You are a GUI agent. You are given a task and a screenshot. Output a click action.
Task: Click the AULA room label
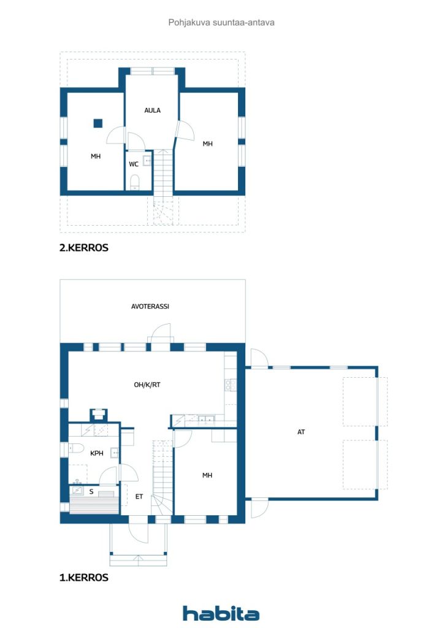(152, 110)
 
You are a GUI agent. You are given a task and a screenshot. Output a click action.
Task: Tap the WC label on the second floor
(133, 164)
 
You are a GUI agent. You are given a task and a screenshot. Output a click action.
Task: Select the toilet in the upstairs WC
(134, 182)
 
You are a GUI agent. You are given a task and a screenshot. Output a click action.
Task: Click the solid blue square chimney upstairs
(98, 123)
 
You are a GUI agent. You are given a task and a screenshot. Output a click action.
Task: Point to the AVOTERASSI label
(150, 307)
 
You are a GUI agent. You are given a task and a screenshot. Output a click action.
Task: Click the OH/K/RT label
(147, 385)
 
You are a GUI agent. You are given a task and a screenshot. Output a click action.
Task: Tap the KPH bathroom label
(96, 453)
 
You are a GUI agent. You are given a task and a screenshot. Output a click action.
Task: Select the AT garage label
(301, 432)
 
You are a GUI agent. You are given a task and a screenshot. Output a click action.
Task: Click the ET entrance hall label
(139, 497)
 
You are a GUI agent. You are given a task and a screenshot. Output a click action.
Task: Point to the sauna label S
(91, 491)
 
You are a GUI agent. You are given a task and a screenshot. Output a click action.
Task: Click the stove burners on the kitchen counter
(231, 385)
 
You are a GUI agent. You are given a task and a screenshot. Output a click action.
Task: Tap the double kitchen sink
(206, 420)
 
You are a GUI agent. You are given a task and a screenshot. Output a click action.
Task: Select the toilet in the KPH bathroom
(75, 448)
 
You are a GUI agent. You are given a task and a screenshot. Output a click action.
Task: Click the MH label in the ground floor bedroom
(207, 475)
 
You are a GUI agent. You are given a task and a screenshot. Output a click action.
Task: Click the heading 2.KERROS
(83, 248)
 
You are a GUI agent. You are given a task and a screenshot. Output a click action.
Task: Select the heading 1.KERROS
(83, 578)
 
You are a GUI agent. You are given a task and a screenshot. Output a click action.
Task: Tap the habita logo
(221, 613)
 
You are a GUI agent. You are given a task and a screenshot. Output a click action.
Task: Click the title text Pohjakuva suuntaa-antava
(221, 23)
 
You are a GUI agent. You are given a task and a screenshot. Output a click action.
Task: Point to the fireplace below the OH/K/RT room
(98, 415)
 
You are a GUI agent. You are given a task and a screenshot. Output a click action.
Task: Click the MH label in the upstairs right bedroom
(207, 144)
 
